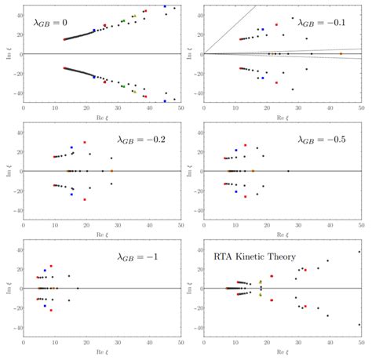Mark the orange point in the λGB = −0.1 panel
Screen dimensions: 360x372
[x=340, y=53]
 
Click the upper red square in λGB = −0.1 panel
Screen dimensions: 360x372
[x=275, y=25]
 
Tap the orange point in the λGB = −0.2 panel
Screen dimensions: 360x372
[x=111, y=170]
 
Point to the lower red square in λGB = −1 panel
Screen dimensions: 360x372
[x=52, y=310]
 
